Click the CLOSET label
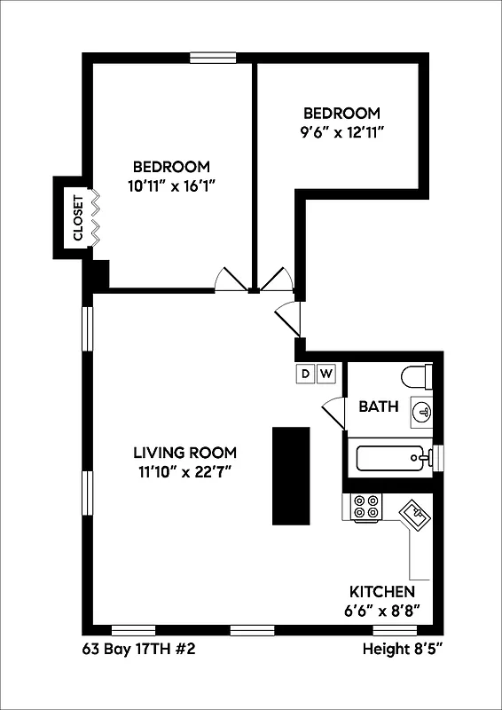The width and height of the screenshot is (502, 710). click(77, 218)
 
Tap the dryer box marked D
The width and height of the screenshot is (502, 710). click(305, 374)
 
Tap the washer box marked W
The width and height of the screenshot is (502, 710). click(326, 374)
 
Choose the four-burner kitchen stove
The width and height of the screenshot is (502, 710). click(365, 507)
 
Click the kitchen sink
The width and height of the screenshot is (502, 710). click(414, 514)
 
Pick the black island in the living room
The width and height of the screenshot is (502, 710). click(291, 477)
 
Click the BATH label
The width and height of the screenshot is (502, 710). click(379, 407)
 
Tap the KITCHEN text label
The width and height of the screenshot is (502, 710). click(382, 592)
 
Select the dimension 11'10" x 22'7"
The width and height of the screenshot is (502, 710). click(183, 470)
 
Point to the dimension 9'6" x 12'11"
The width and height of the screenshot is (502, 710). click(342, 131)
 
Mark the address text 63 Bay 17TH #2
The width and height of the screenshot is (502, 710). click(137, 650)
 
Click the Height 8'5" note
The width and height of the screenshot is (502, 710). click(402, 650)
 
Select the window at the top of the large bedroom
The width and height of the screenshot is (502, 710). click(213, 59)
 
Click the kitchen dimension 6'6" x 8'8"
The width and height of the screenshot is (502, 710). click(383, 611)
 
